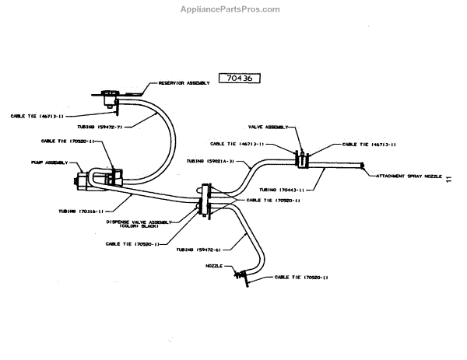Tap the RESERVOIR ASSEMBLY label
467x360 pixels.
tap(184, 82)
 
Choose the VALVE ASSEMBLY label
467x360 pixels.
tap(269, 126)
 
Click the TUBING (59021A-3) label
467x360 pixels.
tap(209, 163)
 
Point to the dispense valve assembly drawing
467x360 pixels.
tap(205, 199)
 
